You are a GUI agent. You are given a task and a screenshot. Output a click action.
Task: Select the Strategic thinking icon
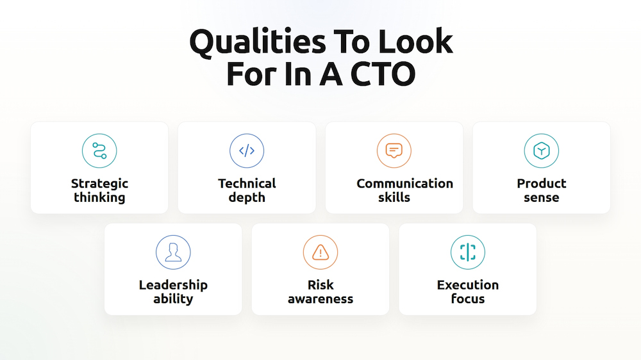(x=99, y=151)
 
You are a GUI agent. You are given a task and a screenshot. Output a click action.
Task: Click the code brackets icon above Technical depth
(x=247, y=151)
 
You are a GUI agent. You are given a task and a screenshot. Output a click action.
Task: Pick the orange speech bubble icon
(x=394, y=151)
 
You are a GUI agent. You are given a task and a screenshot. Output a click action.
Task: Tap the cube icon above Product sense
(x=542, y=151)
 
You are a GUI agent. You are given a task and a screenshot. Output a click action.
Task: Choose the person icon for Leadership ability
(x=173, y=252)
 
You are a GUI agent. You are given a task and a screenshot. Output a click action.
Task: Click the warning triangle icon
(x=320, y=252)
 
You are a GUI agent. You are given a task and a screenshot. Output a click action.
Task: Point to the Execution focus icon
(x=468, y=252)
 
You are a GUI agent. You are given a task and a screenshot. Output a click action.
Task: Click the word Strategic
(x=99, y=184)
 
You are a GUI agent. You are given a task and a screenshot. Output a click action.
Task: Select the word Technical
(x=247, y=184)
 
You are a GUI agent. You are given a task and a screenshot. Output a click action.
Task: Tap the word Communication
(x=404, y=184)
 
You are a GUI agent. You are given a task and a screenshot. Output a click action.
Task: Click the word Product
(x=542, y=184)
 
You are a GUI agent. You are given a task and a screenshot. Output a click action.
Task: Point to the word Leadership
(x=173, y=285)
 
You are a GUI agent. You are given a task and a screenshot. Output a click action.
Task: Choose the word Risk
(x=320, y=285)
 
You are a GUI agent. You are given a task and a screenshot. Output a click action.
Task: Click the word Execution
(x=468, y=285)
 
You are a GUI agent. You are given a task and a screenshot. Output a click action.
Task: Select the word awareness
(x=320, y=299)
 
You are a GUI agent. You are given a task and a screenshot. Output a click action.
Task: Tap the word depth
(x=247, y=198)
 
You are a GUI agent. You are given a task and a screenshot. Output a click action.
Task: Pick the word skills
(x=394, y=198)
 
